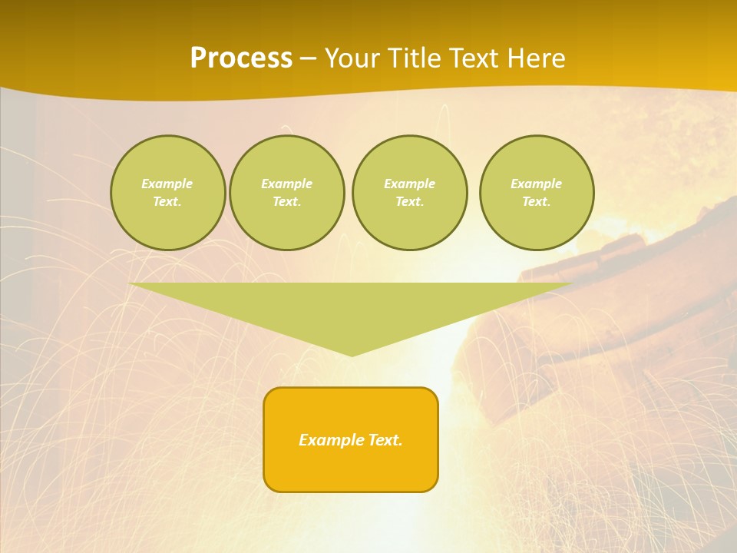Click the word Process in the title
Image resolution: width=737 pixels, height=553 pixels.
click(x=241, y=58)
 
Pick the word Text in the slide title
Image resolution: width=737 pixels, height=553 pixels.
click(x=474, y=58)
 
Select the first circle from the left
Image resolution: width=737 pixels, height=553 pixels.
click(x=167, y=193)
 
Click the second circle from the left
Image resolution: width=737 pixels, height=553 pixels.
click(x=287, y=193)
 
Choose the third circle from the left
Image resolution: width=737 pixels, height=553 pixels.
click(x=410, y=193)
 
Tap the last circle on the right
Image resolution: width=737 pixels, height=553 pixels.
click(x=537, y=193)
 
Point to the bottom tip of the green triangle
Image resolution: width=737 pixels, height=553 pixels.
click(x=352, y=354)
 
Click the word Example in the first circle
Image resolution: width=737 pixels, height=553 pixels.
click(x=167, y=184)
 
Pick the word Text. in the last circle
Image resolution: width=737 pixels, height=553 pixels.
click(x=537, y=201)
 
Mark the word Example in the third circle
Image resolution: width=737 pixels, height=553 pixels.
click(x=410, y=184)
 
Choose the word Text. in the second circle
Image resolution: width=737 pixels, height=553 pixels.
click(x=287, y=201)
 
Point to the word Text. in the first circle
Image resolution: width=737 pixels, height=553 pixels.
click(x=167, y=201)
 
